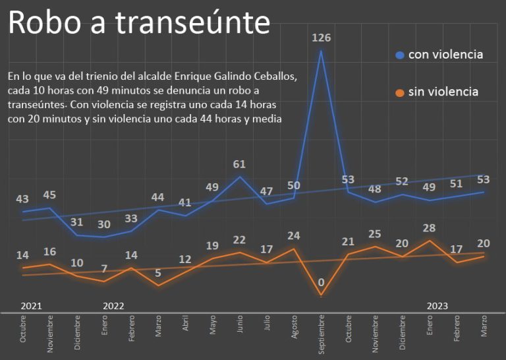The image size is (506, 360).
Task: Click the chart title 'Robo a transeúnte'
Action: click(139, 23)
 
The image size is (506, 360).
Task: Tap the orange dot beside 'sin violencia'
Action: click(400, 92)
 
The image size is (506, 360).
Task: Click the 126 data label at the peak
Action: click(321, 38)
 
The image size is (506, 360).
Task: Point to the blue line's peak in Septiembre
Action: click(321, 51)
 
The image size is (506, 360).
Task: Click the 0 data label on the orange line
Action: click(321, 284)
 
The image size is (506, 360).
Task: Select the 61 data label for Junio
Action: click(240, 164)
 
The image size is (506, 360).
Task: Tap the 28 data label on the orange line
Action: click(430, 228)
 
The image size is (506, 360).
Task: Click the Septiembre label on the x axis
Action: click(322, 334)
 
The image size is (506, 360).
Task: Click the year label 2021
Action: click(31, 306)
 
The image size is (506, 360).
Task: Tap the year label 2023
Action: click(437, 306)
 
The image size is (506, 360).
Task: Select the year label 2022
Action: click(113, 306)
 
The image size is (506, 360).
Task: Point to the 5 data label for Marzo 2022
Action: click(158, 273)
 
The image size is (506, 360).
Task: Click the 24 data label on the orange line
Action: click(294, 235)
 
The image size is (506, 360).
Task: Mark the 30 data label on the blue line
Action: click(104, 224)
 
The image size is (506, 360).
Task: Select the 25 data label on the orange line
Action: click(375, 233)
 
